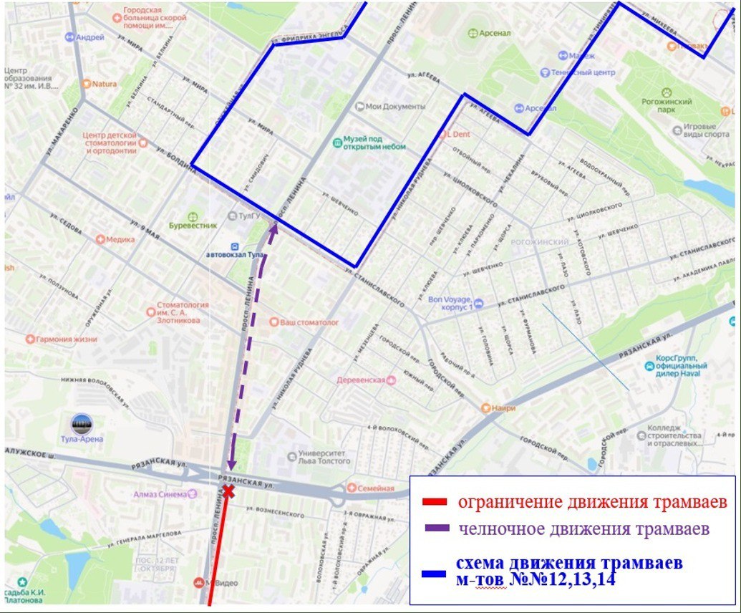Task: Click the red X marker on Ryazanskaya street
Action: [x=228, y=491]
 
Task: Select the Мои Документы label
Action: [x=394, y=107]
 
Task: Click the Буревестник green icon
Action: [x=192, y=217]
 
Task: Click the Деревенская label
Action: [x=363, y=380]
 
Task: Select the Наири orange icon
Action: [x=486, y=408]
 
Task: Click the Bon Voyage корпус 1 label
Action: [x=450, y=303]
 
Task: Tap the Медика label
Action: [x=120, y=239]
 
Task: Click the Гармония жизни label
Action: [x=66, y=339]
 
